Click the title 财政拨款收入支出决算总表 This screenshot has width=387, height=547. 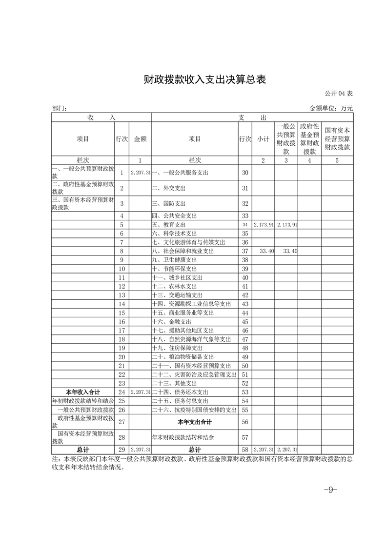pos(205,80)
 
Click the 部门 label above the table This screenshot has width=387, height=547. pos(59,109)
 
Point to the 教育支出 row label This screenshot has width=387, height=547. pos(169,225)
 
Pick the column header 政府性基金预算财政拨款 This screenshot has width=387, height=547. pos(309,138)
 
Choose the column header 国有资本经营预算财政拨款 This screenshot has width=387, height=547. pos(337,138)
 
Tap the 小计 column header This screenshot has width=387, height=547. pos(264,138)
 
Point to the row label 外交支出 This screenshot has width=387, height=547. pos(169,188)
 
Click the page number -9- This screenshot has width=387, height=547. pos(330,490)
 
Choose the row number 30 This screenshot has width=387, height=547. pos(245,173)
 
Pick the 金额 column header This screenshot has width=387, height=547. pos(140,138)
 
